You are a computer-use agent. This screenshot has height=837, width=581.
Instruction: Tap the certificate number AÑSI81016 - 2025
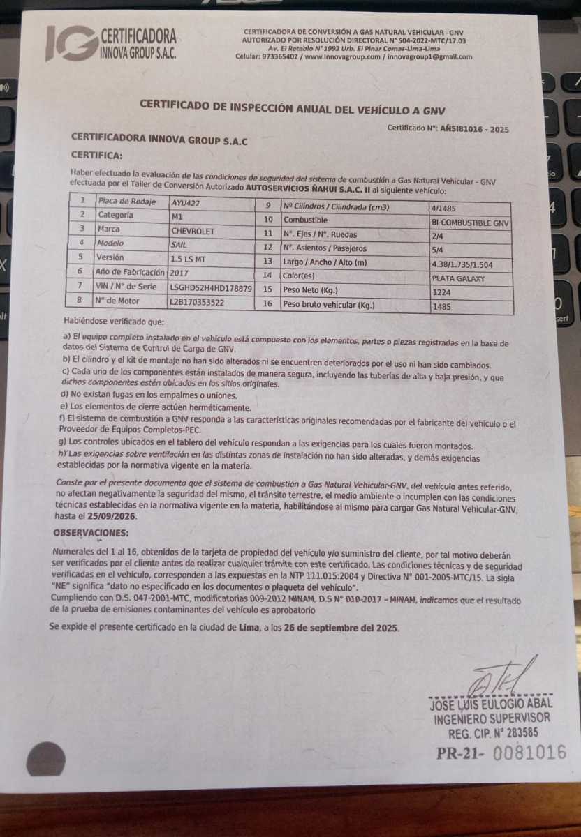pos(474,129)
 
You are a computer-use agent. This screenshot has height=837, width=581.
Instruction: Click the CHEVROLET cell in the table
pos(193,229)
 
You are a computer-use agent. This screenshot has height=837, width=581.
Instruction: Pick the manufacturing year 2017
pos(179,273)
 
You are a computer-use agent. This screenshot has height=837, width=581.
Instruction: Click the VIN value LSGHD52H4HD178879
pos(210,287)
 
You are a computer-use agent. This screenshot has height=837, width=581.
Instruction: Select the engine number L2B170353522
pos(198,301)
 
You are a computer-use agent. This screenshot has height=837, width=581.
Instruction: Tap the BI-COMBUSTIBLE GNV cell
pos(471,223)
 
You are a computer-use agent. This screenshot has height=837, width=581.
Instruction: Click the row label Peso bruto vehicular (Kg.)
pos(329,305)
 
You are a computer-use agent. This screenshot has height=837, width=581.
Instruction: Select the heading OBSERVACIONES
pos(91,534)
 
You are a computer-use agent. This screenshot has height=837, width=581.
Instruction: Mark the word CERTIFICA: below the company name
pos(96,156)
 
